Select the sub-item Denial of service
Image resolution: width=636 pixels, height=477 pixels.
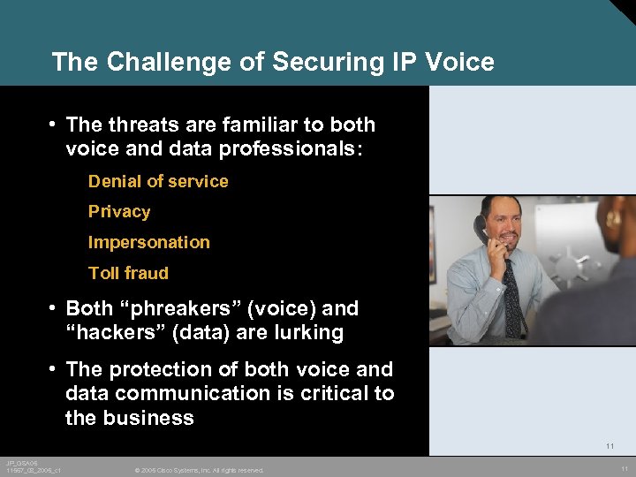click(158, 181)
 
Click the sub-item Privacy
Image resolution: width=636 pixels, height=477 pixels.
click(119, 212)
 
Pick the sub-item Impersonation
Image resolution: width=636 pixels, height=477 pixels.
click(149, 242)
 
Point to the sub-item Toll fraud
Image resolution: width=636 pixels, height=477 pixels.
click(128, 273)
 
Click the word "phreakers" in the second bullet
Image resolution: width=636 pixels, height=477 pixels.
click(183, 309)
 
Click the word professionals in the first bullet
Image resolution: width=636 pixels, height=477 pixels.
click(282, 149)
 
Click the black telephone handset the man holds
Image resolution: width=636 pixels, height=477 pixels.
click(481, 230)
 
